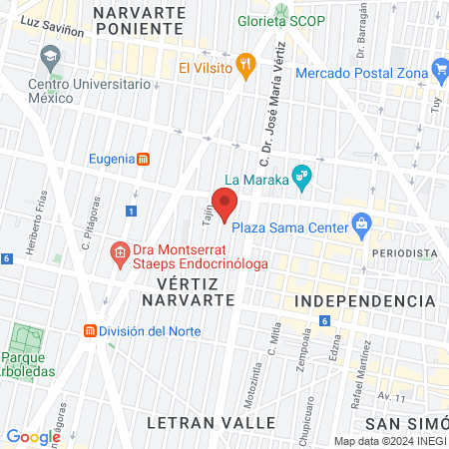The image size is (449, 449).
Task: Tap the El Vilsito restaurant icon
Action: click(246, 67)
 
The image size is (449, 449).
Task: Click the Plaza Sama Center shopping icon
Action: click(360, 225)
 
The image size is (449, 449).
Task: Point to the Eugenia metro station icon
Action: click(145, 159)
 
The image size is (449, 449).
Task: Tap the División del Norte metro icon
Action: click(90, 330)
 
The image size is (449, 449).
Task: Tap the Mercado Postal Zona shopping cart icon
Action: click(440, 70)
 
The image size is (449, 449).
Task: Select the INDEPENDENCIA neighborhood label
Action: click(367, 300)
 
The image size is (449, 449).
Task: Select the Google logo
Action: click(33, 436)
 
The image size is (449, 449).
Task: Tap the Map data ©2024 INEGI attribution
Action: click(389, 441)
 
